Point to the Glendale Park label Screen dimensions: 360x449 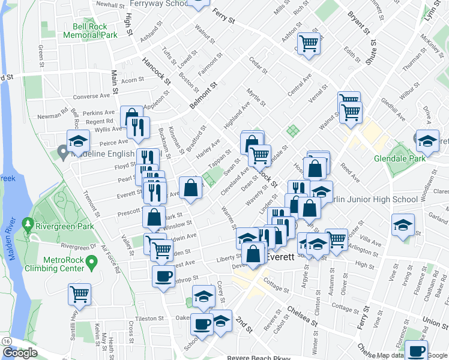click(x=399, y=159)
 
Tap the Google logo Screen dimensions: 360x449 click(x=20, y=353)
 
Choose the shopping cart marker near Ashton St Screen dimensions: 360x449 click(x=309, y=43)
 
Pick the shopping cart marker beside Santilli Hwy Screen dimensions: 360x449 click(x=79, y=294)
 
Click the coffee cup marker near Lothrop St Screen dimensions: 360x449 click(x=163, y=277)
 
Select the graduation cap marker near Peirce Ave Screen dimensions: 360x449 click(x=78, y=141)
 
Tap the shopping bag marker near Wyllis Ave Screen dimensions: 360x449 click(x=131, y=116)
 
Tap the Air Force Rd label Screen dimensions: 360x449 click(x=110, y=259)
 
